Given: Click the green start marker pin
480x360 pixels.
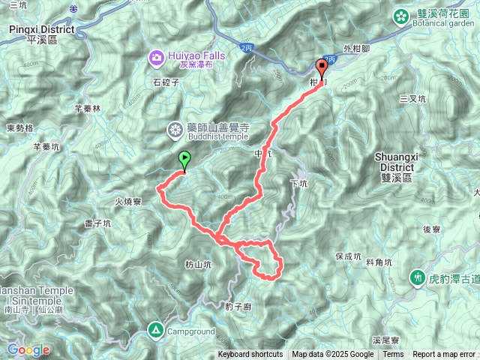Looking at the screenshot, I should pos(184,159).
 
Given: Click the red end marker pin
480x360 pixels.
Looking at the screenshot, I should pos(323,67).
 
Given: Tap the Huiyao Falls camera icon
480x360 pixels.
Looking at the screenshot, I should pos(156,55).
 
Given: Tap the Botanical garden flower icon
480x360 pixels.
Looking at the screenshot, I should pos(400,13).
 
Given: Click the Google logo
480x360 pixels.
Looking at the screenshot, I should pos(28,349).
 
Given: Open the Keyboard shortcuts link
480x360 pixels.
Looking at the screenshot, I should pos(250,355).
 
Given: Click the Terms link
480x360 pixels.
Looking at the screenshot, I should pos(393,355).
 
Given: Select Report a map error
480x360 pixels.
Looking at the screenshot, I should pos(445,355).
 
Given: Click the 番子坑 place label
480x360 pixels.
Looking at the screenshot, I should pos(98,223).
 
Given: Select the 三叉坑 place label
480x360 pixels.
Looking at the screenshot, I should pos(412,98).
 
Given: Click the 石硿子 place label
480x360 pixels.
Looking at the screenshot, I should pos(166,83).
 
